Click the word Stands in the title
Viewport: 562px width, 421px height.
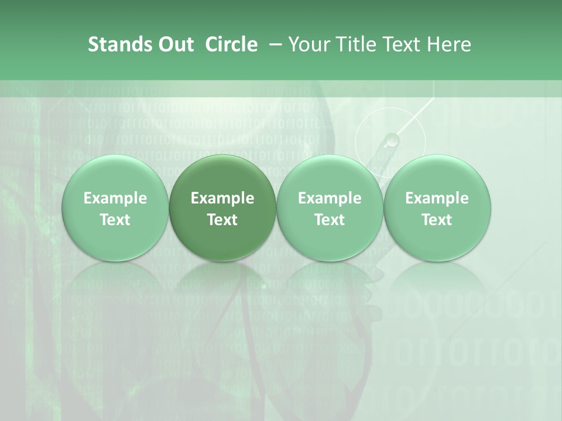pos(116,44)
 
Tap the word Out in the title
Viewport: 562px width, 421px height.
pos(174,44)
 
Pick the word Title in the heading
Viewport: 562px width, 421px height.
pos(352,44)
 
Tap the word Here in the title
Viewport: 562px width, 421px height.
pos(450,44)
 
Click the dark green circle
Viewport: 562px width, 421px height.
pos(222,208)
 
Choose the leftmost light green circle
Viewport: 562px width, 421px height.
pos(115,208)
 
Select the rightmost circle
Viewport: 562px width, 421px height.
pos(437,208)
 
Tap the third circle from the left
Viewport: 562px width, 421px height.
pos(330,208)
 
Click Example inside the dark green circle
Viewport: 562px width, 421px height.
pos(222,198)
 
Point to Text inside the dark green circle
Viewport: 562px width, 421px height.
pos(222,220)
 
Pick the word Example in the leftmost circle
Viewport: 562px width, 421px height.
pos(115,198)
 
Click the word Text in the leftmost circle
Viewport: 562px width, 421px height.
pos(115,220)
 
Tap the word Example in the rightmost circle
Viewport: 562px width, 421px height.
pos(437,198)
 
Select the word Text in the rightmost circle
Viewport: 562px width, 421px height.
pos(437,220)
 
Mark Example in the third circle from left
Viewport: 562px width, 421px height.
pos(330,198)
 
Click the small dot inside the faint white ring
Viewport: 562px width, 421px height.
pos(392,140)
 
